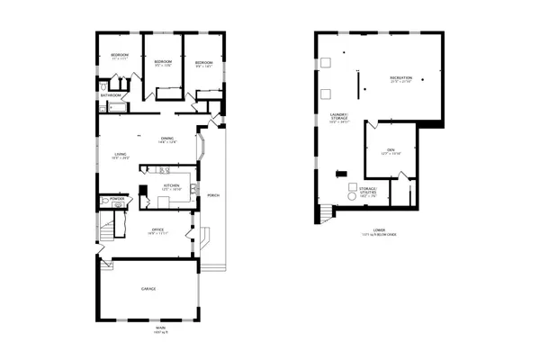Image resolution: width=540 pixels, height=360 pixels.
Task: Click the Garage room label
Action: tap(148, 289)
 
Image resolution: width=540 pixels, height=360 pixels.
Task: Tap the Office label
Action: tap(157, 229)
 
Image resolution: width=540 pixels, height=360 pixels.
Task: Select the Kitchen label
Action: tap(171, 187)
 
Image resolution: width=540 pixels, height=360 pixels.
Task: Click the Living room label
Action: tap(121, 155)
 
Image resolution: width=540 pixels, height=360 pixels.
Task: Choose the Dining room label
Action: tap(167, 138)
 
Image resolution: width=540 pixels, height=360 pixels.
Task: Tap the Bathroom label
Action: tap(112, 94)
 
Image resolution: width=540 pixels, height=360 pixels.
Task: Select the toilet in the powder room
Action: tap(117, 205)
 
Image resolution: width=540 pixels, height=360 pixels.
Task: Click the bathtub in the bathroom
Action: tap(114, 106)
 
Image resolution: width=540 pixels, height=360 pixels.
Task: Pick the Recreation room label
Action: tap(401, 79)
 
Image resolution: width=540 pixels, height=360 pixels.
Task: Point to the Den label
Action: tap(391, 150)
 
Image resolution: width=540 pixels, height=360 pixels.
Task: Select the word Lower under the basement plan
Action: tap(366, 230)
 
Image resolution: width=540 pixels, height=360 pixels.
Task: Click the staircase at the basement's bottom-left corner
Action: tap(324, 213)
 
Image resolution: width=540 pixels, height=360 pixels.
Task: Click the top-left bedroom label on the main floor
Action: tap(121, 56)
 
